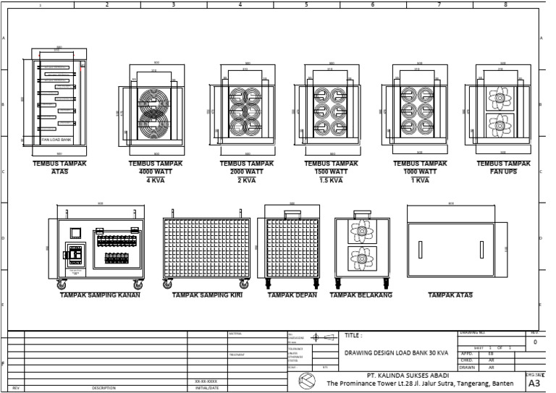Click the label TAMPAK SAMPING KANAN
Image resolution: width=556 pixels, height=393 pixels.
[100, 295]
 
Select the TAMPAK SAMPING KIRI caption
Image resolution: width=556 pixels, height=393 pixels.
[206, 295]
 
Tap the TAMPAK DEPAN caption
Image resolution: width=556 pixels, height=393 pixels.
[292, 295]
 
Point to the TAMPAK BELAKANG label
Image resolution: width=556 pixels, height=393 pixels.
[361, 295]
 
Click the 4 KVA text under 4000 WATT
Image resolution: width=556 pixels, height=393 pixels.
[156, 180]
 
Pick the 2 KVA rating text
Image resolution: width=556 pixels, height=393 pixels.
[247, 180]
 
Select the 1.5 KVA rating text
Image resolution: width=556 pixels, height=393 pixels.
[331, 180]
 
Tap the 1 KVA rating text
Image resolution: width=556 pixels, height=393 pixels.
[420, 180]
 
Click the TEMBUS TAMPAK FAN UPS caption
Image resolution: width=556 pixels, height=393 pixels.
[505, 167]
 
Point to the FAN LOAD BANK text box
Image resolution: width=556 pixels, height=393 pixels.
[56, 140]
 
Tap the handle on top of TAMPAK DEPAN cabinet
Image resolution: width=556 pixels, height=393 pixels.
[292, 214]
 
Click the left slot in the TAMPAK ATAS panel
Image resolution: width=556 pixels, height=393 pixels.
[420, 248]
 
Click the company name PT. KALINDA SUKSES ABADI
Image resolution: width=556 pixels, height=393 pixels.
[408, 375]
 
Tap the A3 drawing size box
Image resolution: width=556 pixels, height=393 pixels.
[535, 383]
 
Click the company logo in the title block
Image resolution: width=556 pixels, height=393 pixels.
[307, 380]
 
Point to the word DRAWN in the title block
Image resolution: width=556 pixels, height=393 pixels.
[467, 367]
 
